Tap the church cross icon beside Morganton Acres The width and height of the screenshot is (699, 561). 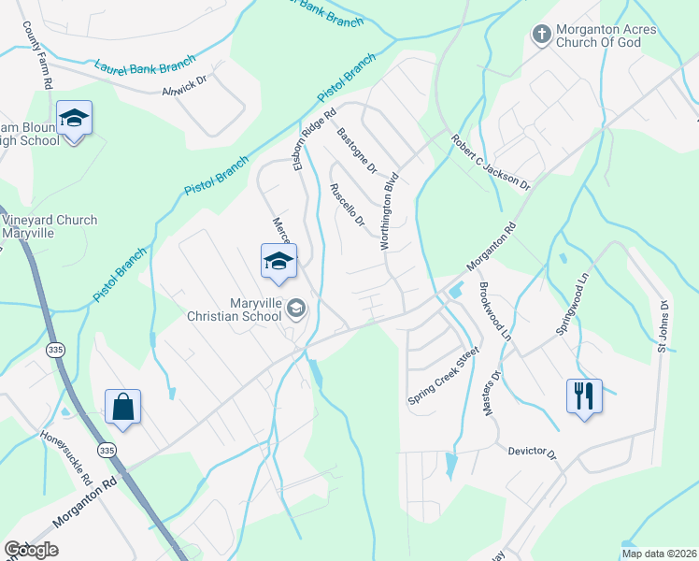tap(540, 36)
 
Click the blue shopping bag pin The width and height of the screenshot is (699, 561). tap(122, 407)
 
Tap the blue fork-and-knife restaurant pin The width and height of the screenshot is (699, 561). tap(584, 395)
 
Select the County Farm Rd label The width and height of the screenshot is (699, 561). tap(36, 56)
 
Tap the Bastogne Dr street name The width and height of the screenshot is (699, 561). tap(356, 152)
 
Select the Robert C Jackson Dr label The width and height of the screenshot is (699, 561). tap(491, 162)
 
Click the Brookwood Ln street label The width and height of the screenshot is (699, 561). tap(495, 310)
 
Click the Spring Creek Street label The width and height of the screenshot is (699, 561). tap(443, 377)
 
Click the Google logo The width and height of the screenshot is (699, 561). tap(31, 550)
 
